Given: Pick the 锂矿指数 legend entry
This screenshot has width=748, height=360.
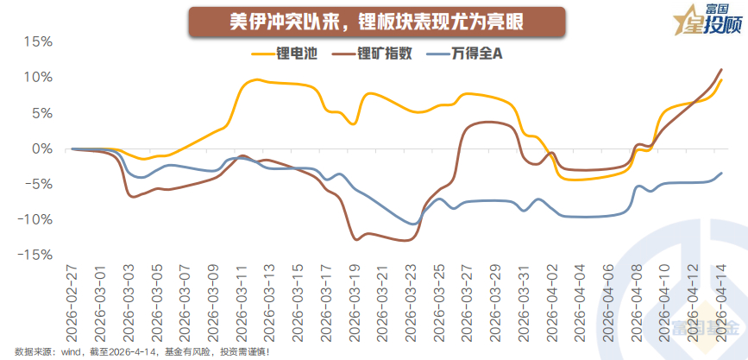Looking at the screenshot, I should pyautogui.click(x=385, y=54).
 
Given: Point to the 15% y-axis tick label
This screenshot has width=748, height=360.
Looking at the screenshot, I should pyautogui.click(x=38, y=41).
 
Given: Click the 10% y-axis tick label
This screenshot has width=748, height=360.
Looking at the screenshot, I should pyautogui.click(x=38, y=77).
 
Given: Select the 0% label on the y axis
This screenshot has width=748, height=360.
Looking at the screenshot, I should pyautogui.click(x=42, y=148).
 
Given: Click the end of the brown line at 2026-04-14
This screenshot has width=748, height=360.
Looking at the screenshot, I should pyautogui.click(x=721, y=69).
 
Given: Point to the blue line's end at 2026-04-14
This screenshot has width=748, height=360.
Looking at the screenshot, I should pyautogui.click(x=721, y=173).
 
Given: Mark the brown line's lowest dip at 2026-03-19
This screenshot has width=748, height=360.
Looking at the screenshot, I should pyautogui.click(x=355, y=239).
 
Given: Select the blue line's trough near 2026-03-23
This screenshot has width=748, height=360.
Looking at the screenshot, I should pyautogui.click(x=413, y=224).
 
